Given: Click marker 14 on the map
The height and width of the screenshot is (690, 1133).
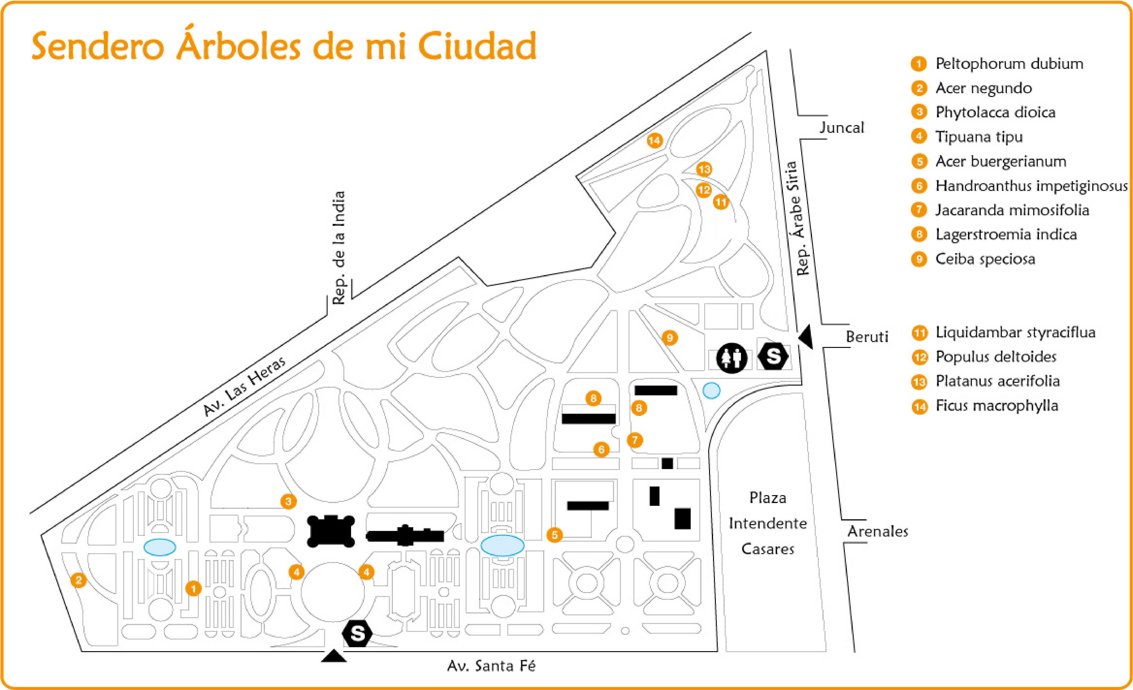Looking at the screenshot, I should (654, 140).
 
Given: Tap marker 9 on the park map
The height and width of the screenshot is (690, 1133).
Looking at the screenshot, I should (670, 338).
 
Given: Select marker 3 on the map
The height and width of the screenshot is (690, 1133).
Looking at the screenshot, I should (288, 501).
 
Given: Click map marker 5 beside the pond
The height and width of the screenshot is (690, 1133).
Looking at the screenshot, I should (555, 535).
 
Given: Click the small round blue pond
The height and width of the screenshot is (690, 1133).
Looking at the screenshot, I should (711, 390).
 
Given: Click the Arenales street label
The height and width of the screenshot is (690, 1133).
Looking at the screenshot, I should (877, 531).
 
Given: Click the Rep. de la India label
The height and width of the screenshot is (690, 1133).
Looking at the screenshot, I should (339, 248).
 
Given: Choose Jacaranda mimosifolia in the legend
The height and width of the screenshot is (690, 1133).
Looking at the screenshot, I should (1012, 210).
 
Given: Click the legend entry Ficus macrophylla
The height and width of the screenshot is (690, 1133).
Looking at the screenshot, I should (996, 406).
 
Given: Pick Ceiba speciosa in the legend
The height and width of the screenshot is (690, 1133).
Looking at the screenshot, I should (985, 259).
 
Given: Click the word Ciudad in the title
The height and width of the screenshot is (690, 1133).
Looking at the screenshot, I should (477, 46).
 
